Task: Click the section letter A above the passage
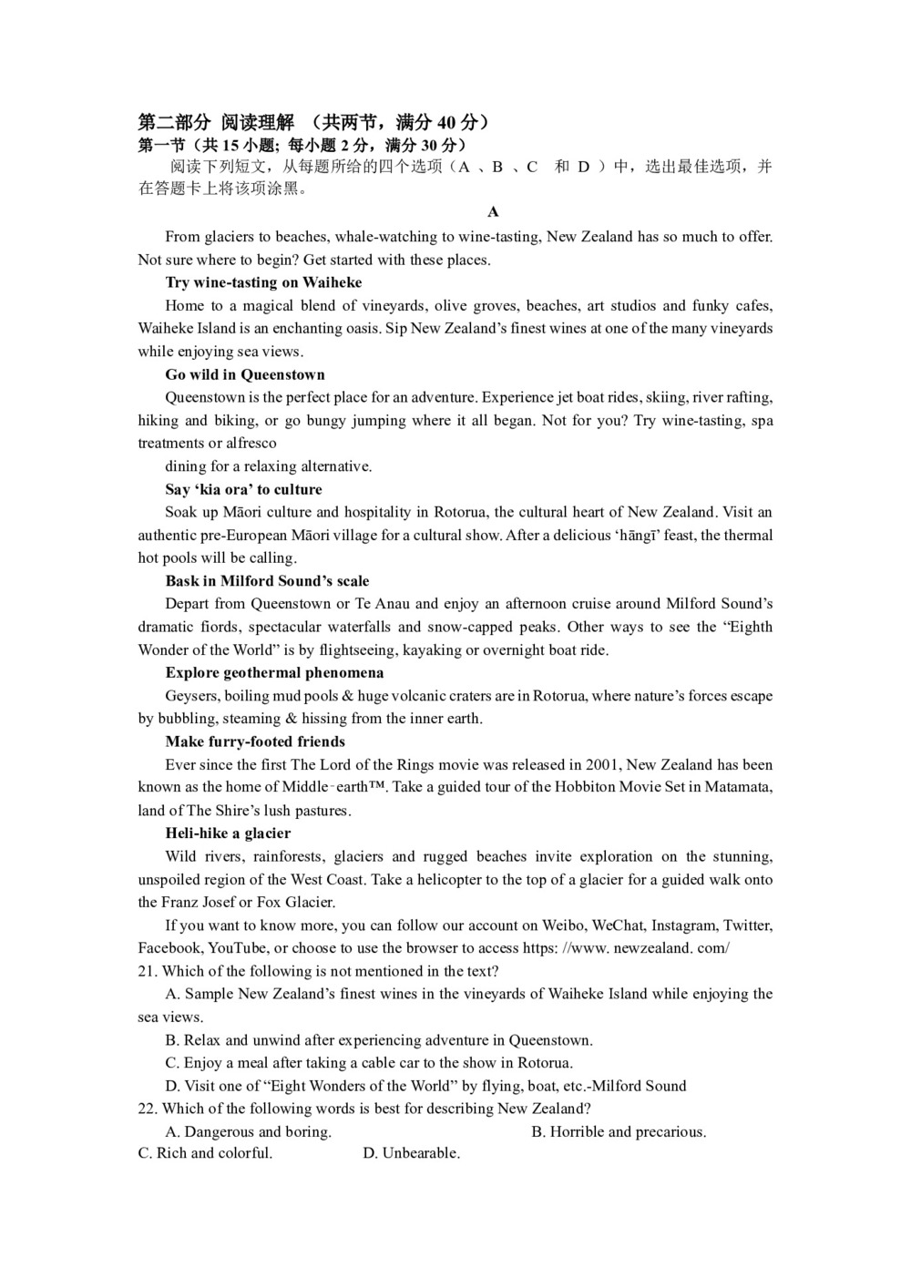pyautogui.click(x=493, y=212)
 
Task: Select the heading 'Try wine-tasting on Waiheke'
pyautogui.click(x=263, y=282)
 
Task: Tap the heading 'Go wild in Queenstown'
pyautogui.click(x=245, y=374)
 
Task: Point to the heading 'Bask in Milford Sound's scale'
pyautogui.click(x=267, y=580)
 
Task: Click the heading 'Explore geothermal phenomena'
pyautogui.click(x=274, y=672)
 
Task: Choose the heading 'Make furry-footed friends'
pyautogui.click(x=255, y=741)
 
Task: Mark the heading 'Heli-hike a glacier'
pyautogui.click(x=228, y=833)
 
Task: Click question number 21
pyautogui.click(x=148, y=971)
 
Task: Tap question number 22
pyautogui.click(x=148, y=1109)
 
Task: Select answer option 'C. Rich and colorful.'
pyautogui.click(x=205, y=1153)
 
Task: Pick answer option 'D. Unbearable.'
pyautogui.click(x=411, y=1153)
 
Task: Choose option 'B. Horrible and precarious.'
pyautogui.click(x=619, y=1131)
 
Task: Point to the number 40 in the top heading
pyautogui.click(x=446, y=122)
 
